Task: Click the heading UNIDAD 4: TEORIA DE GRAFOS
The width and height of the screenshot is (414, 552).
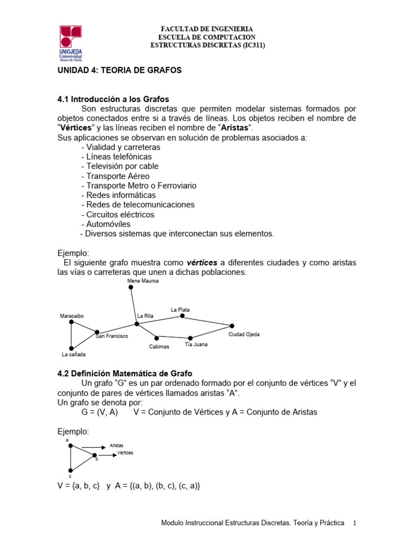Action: click(x=120, y=71)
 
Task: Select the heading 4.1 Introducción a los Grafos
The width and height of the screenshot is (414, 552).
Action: click(x=113, y=99)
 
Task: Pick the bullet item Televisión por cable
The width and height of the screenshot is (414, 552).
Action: click(x=120, y=166)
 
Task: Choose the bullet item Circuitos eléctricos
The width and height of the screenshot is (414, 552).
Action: click(x=118, y=215)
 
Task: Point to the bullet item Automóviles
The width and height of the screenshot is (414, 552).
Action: click(x=106, y=224)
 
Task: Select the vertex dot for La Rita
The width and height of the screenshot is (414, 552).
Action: click(x=137, y=324)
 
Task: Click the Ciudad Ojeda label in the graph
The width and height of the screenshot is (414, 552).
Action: click(x=244, y=335)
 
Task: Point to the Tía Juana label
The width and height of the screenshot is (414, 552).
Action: click(x=196, y=344)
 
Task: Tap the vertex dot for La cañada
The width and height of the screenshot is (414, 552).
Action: click(x=71, y=348)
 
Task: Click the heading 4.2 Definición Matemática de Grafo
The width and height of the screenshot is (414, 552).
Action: click(x=125, y=373)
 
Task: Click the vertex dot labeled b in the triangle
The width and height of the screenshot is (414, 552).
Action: click(x=94, y=454)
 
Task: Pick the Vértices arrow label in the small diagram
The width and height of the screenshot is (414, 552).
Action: click(x=125, y=453)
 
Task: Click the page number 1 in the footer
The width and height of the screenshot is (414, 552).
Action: click(x=355, y=523)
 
